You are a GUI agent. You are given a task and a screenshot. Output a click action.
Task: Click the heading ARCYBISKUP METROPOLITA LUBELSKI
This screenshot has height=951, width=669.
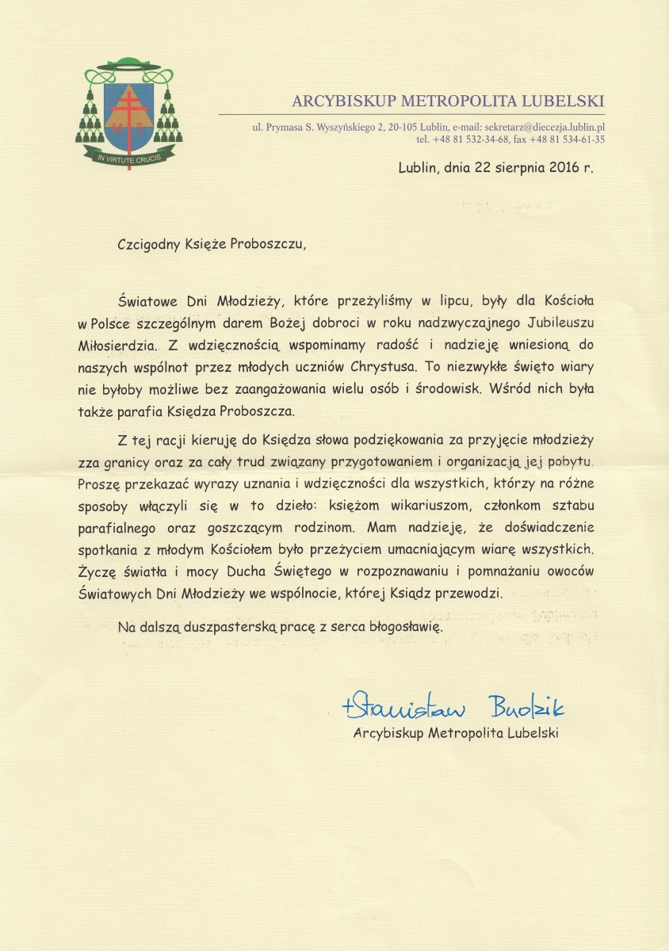point(448,101)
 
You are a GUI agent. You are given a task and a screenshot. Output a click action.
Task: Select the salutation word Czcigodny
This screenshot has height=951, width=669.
point(151,243)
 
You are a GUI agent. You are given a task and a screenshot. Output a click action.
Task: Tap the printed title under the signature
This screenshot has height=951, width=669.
point(456,733)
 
